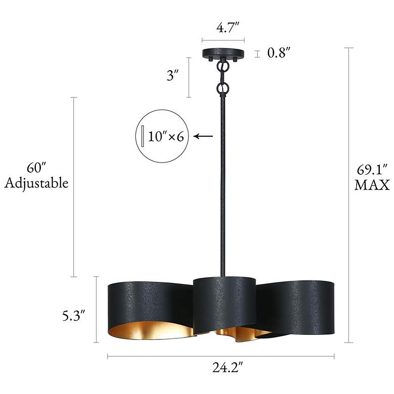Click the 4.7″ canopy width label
228,27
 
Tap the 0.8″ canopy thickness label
279,53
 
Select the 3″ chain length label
173,75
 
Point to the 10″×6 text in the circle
166,137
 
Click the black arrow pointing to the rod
203,136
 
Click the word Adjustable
36,183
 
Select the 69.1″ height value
372,170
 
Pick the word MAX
372,185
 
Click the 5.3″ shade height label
74,316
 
